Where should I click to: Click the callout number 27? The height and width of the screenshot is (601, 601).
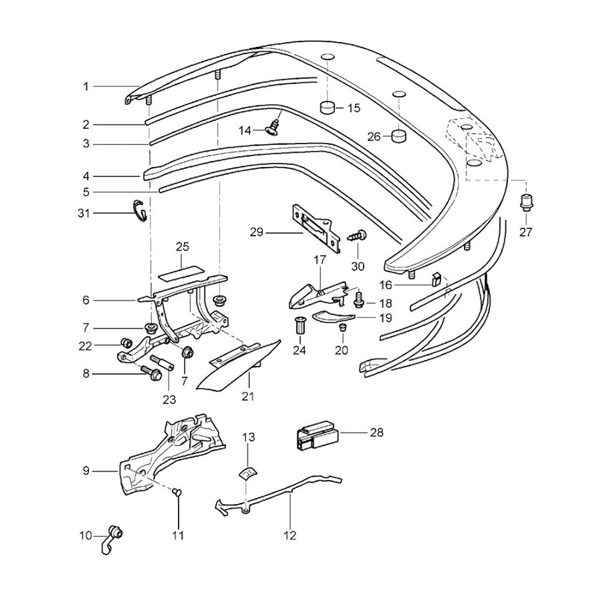click(x=526, y=232)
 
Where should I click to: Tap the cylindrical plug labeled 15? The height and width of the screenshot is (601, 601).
click(x=327, y=108)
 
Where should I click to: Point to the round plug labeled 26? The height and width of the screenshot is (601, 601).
click(x=398, y=136)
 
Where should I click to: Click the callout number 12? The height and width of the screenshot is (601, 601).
click(x=290, y=534)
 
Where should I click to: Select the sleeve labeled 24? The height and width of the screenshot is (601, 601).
click(x=299, y=328)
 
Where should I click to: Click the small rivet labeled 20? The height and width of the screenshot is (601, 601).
click(x=342, y=328)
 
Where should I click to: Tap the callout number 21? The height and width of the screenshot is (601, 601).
click(x=248, y=396)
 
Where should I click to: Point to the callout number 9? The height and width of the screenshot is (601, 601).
click(x=86, y=471)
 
